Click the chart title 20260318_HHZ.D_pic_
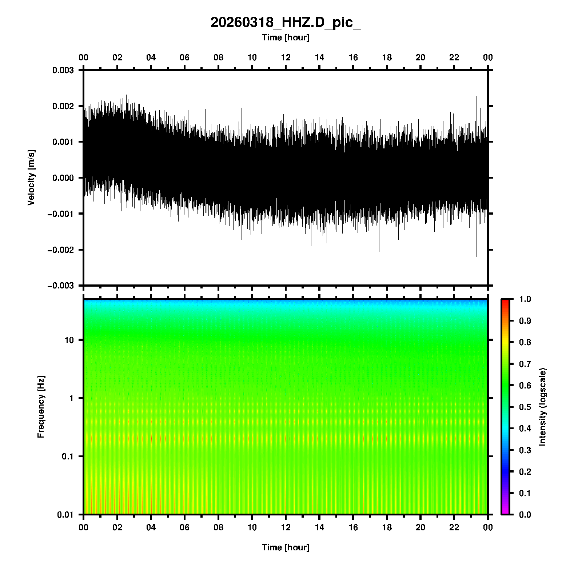click(x=286, y=23)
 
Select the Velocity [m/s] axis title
click(x=31, y=178)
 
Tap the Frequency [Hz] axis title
click(x=41, y=407)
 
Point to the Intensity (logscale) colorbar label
click(x=543, y=407)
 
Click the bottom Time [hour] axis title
click(x=286, y=547)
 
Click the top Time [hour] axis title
click(x=286, y=37)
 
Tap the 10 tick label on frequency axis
click(x=69, y=340)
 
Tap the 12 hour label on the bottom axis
click(x=286, y=527)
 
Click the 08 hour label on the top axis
click(x=218, y=57)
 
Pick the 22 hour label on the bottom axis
click(x=454, y=527)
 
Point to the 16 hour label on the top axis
click(x=353, y=57)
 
